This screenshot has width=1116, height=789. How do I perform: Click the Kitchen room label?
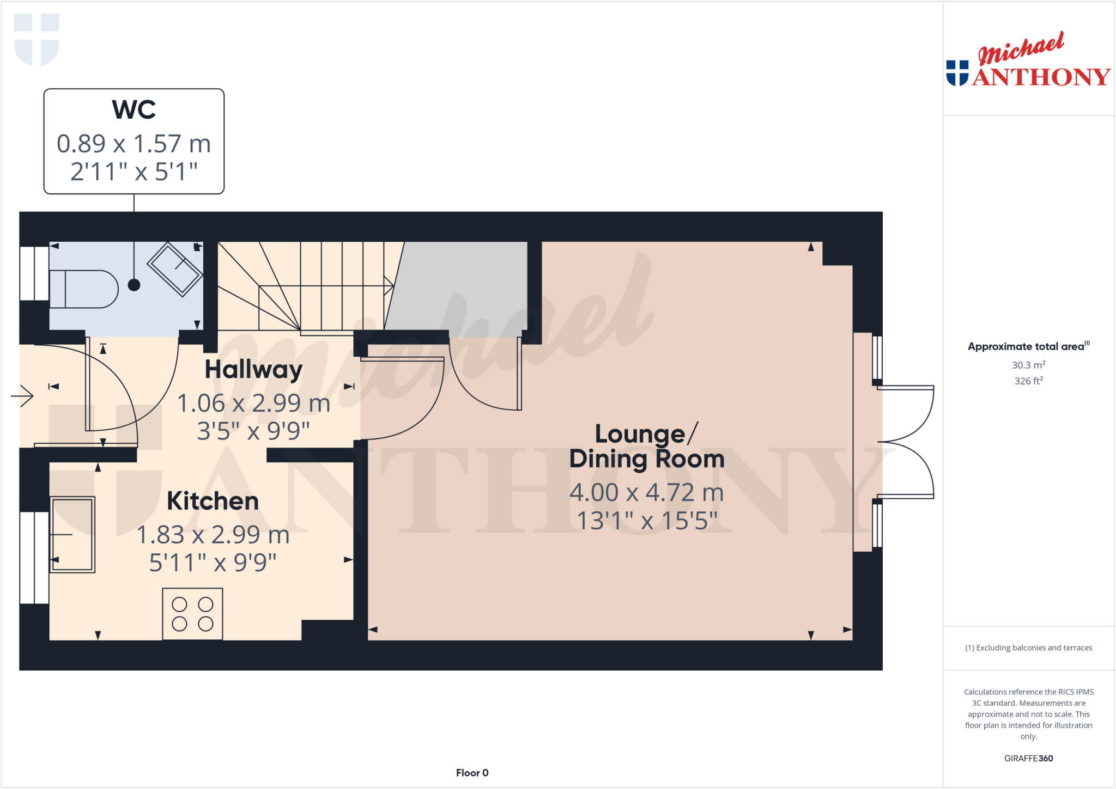(213, 501)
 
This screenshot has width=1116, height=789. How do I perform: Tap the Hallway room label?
(253, 370)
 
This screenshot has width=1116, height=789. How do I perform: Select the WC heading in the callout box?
(134, 109)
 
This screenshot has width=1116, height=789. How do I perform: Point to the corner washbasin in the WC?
(174, 269)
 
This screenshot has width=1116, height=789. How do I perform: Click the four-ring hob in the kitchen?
(192, 614)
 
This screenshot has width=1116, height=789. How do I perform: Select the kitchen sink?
(72, 534)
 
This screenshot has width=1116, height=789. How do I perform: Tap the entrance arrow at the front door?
(22, 395)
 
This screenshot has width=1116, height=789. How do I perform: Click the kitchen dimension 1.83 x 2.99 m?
(213, 535)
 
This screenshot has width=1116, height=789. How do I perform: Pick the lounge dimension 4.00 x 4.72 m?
(646, 493)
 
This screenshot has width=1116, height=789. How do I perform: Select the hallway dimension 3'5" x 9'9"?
(253, 431)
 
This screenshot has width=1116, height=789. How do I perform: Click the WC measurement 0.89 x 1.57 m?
(134, 144)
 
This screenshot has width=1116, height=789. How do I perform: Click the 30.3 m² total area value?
(1028, 365)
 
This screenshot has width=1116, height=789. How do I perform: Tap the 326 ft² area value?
(1028, 381)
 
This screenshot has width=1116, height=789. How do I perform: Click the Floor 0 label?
(472, 773)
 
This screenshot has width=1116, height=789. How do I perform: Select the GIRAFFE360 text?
(1028, 758)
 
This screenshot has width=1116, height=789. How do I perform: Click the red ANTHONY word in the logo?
(1041, 77)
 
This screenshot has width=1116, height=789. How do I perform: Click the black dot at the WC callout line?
(134, 285)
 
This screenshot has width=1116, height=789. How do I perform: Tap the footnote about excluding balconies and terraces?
(1028, 647)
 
